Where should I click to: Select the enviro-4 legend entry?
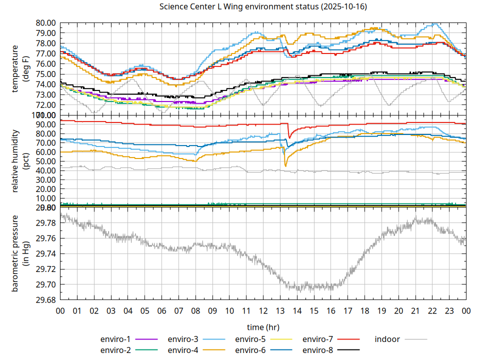coord(182,350)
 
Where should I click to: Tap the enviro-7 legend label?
coord(317,339)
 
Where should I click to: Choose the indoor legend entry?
coord(387,339)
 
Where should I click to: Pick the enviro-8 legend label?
coord(317,350)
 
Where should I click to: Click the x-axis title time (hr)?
coord(263,327)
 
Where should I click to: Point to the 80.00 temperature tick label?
coord(46,23)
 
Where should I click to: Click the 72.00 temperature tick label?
coord(46,105)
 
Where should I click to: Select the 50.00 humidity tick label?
coord(46,161)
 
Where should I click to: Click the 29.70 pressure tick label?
coord(46,284)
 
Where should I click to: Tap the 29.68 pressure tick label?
coord(46,300)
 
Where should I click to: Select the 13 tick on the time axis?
coord(280,310)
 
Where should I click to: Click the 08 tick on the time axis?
coord(195,310)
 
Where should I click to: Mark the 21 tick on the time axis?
coord(415,310)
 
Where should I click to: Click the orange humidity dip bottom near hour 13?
coord(285,166)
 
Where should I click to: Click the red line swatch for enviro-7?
coord(347,339)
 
